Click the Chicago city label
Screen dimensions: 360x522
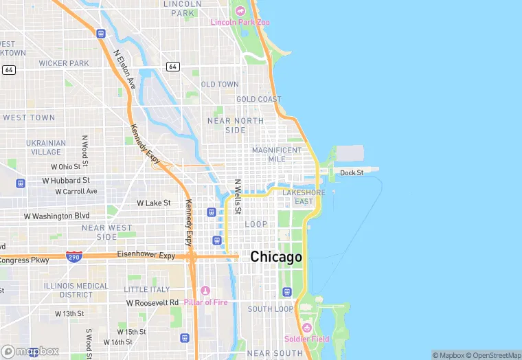click(276, 257)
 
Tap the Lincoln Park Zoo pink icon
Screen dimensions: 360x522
click(240, 11)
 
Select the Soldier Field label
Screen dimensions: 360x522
click(306, 339)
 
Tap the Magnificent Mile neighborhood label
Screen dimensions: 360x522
click(277, 155)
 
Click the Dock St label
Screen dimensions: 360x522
click(352, 172)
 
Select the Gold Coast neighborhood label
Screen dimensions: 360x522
click(259, 100)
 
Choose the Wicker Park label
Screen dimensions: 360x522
click(64, 63)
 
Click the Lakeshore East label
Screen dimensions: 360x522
click(304, 197)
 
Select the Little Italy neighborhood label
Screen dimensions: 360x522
click(146, 289)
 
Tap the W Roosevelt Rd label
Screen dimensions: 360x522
click(152, 302)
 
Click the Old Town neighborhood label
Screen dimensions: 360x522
click(220, 85)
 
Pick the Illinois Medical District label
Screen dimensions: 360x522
click(76, 290)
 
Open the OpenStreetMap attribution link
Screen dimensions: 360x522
click(494, 355)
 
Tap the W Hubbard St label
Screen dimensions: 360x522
click(66, 181)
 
